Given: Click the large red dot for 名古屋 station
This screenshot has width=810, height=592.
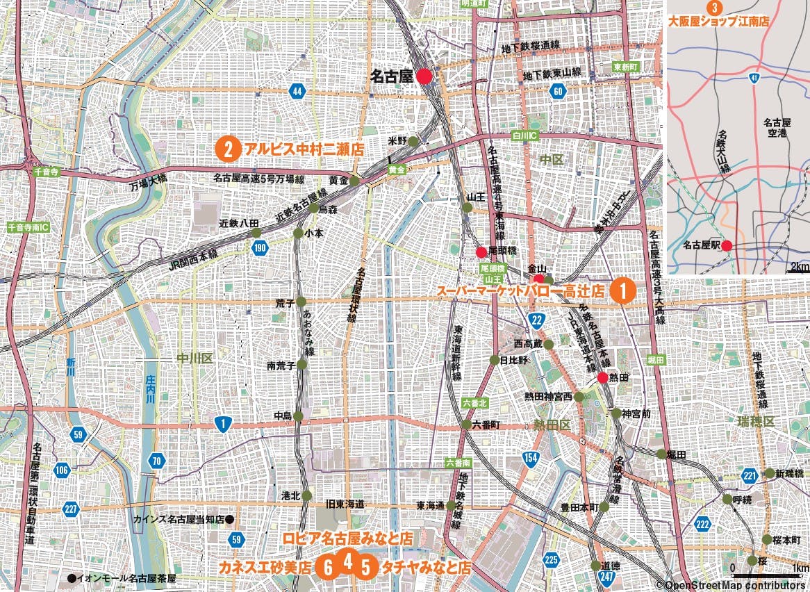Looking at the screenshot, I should pos(426,77).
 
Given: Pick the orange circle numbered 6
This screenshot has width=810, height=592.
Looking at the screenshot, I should pos(328,567).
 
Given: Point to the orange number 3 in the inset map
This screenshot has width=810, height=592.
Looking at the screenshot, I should pos(712,8).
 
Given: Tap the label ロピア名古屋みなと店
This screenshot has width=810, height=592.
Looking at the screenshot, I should pos(348,538).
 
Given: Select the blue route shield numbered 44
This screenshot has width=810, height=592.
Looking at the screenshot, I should pos(297,91).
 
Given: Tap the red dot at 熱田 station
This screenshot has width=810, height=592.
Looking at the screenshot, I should pos(602,378).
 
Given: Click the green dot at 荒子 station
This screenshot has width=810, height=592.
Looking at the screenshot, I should pos(301,302).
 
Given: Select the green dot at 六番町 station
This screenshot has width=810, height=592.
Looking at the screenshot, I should pos(466,424).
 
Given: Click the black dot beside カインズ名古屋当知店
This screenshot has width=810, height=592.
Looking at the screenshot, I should pos(230,519).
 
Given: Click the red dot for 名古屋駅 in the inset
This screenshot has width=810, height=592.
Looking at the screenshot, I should pos(726,245).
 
